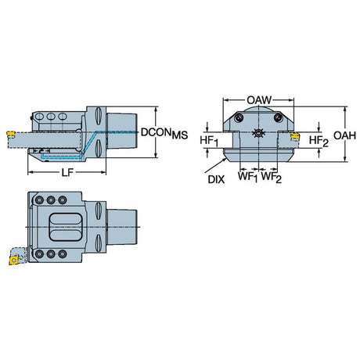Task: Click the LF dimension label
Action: (67, 172)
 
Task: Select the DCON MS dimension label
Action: (164, 133)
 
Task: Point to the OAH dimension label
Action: (344, 135)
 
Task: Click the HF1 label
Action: (209, 141)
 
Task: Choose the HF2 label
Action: (319, 141)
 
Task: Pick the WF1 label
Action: (247, 177)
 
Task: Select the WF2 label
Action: (272, 177)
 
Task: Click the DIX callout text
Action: (216, 179)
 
